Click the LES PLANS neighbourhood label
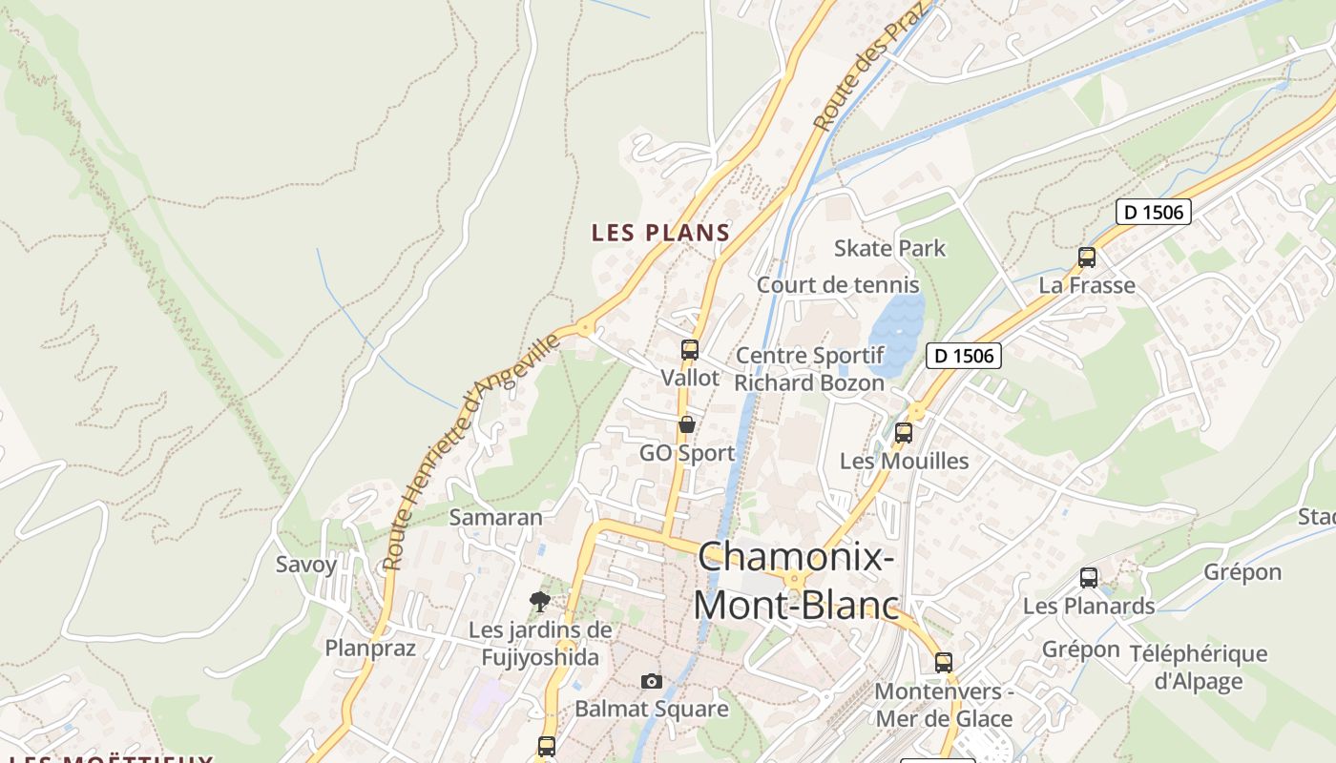click(x=660, y=232)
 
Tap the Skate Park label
click(x=889, y=248)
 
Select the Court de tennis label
click(x=838, y=284)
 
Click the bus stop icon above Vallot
click(x=690, y=350)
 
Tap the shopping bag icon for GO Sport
click(x=686, y=424)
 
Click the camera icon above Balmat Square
click(x=652, y=681)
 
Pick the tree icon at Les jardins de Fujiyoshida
click(x=540, y=601)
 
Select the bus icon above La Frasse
click(x=1087, y=257)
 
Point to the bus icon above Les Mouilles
click(x=904, y=432)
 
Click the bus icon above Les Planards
click(x=1089, y=577)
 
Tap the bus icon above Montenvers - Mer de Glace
click(x=944, y=662)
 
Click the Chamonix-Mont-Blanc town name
click(x=796, y=580)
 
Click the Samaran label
click(x=495, y=517)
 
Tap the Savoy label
click(x=306, y=564)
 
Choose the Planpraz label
click(x=370, y=648)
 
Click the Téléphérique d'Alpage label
click(x=1199, y=667)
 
